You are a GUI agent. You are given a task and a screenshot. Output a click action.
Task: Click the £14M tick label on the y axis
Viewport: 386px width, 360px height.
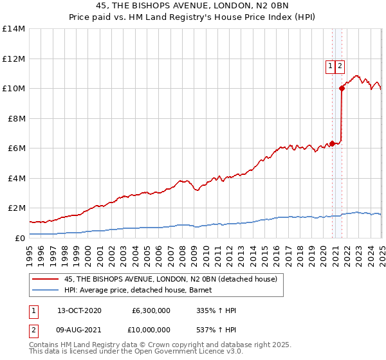coord(13,29)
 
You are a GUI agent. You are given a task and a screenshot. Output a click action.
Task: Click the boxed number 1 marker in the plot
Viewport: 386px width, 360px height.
coord(330,65)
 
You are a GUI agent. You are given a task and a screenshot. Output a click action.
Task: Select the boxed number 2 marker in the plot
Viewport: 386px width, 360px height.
coord(340,65)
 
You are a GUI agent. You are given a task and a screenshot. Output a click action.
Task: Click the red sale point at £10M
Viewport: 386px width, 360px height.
coord(342,89)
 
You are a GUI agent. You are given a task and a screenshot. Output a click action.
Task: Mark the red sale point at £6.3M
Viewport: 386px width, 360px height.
coord(332,143)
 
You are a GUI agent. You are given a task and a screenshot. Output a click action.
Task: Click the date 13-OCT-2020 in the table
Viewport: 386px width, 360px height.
coord(80,310)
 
